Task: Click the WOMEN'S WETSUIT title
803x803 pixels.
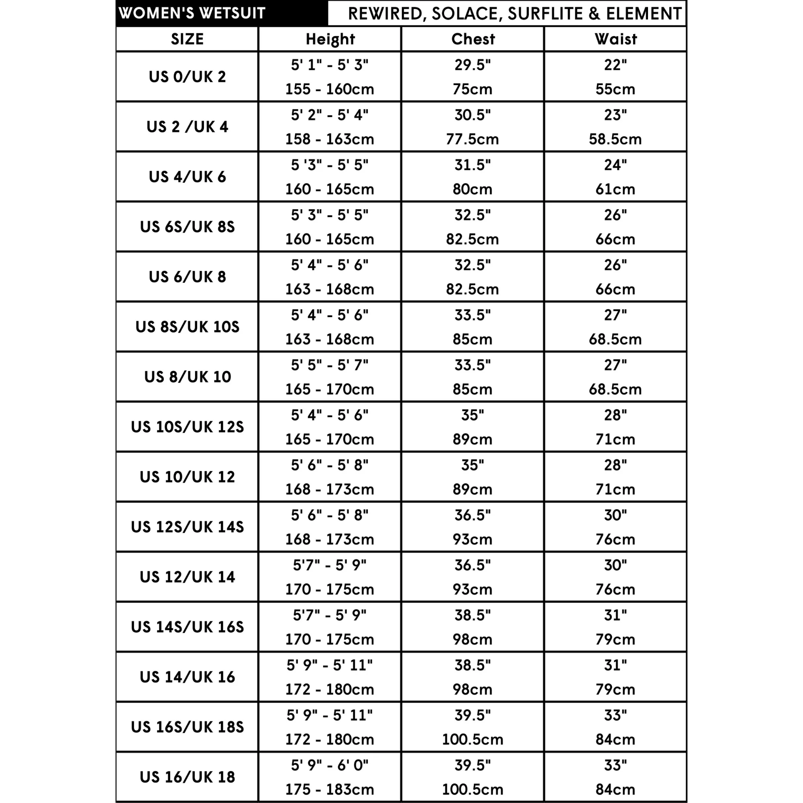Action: (x=192, y=13)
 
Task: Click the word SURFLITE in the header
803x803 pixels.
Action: (x=545, y=14)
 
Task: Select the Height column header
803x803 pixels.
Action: (x=330, y=39)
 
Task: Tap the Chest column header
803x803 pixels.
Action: (x=473, y=39)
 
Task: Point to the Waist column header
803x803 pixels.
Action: (x=615, y=39)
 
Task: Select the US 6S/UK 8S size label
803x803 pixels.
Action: (x=187, y=227)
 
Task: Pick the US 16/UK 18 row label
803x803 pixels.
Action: (x=187, y=777)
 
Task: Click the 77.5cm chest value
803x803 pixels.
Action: (x=472, y=139)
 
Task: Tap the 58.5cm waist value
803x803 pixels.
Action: (x=615, y=139)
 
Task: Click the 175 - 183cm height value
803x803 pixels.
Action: (x=330, y=789)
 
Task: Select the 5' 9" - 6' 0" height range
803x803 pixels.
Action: (x=330, y=765)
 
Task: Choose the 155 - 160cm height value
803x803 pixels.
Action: (x=330, y=90)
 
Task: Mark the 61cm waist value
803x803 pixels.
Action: (x=615, y=190)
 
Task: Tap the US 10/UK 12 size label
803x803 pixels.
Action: (x=187, y=477)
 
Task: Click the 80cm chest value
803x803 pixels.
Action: (x=472, y=190)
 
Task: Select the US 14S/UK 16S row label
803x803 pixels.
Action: (x=187, y=627)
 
